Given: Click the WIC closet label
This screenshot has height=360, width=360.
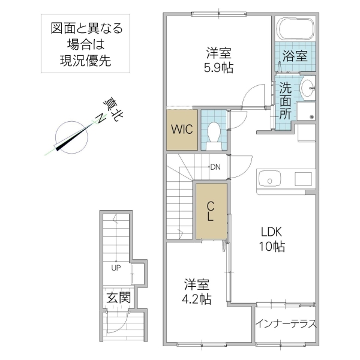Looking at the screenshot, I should [181, 129].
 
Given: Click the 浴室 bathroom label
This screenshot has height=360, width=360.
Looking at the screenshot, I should [295, 57].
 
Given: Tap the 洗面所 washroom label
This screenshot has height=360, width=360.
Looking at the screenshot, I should [285, 100].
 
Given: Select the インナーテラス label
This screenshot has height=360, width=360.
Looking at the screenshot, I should [285, 323].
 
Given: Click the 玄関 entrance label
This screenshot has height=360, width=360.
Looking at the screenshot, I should [116, 298].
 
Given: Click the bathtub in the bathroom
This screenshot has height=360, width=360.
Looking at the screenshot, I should [295, 29].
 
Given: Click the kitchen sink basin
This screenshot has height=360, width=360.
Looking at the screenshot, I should [269, 179].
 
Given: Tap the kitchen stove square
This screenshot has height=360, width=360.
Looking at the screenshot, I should [303, 179].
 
